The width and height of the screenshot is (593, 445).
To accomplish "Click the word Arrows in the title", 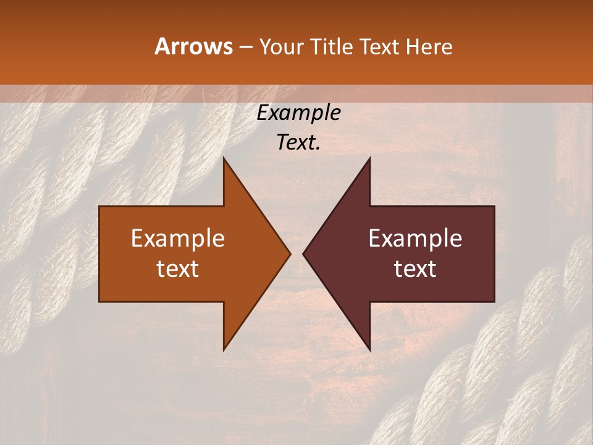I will click(193, 47).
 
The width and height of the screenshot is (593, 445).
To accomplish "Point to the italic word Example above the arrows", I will click(299, 113).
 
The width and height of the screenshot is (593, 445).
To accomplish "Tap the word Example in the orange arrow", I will click(178, 239).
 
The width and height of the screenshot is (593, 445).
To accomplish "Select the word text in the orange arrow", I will click(178, 268).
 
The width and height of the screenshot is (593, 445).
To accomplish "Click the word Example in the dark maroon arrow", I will click(415, 239).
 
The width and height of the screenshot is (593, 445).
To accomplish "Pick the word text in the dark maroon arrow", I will click(415, 268).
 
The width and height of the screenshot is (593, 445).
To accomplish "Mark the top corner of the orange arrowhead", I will click(224, 158).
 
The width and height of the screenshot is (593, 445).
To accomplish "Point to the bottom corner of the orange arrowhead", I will click(224, 349).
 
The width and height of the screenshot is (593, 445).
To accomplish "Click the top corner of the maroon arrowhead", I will click(369, 158).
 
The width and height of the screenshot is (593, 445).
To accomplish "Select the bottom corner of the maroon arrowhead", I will click(369, 349).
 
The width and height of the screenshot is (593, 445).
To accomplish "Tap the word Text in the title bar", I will click(382, 47).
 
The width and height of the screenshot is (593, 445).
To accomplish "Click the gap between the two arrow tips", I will click(296, 253).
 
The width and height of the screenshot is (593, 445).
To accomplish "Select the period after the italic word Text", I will click(318, 150).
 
